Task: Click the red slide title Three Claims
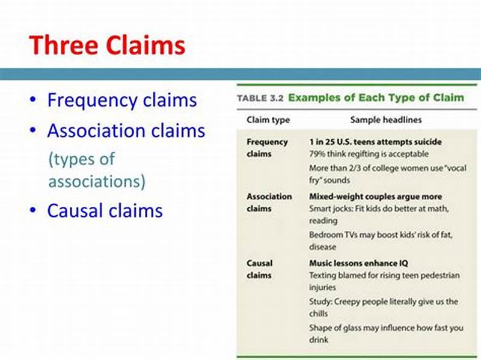(107, 46)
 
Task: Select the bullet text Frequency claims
(122, 100)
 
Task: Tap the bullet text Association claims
(126, 130)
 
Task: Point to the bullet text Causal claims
(105, 210)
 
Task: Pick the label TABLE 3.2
(261, 97)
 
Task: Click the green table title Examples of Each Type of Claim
(376, 97)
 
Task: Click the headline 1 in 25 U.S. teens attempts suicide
(375, 142)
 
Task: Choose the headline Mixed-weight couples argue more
(375, 197)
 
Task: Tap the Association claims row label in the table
(269, 203)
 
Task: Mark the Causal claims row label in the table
(259, 269)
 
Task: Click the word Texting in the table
(323, 275)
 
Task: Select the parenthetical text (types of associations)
(96, 170)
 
